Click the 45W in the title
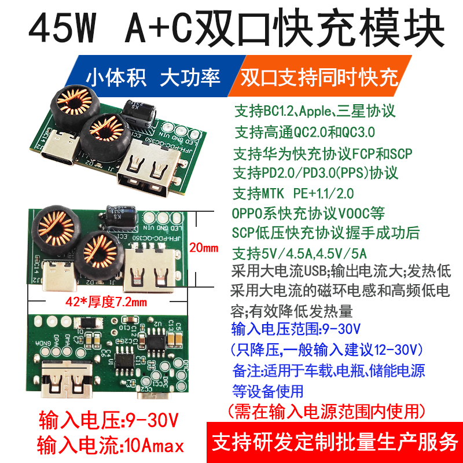(63, 28)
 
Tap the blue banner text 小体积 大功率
(153, 78)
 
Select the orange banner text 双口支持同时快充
(319, 78)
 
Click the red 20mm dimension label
(204, 248)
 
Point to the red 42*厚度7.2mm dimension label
(106, 302)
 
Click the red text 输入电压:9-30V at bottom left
(109, 420)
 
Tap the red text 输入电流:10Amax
(111, 445)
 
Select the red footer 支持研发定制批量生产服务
(335, 442)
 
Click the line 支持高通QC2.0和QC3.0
(304, 132)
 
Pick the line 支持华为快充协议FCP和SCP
(323, 153)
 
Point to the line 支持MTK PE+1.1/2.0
(293, 193)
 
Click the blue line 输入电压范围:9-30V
(296, 329)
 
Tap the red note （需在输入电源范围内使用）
(326, 411)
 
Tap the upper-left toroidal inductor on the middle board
(56, 230)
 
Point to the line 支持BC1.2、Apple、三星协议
(315, 111)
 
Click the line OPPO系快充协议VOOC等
(308, 213)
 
